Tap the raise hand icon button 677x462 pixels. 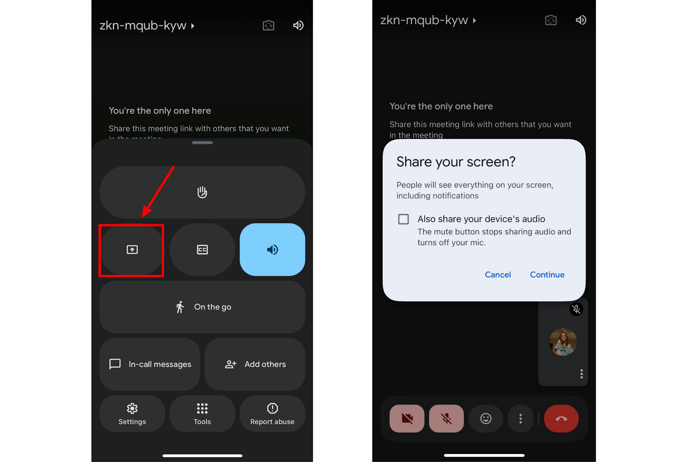(202, 192)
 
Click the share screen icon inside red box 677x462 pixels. (132, 250)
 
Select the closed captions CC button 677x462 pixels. (202, 250)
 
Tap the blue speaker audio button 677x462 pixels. (272, 250)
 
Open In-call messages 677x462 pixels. (150, 364)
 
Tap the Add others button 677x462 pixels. (255, 364)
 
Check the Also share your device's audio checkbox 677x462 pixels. (404, 219)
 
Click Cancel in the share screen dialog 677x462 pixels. (498, 275)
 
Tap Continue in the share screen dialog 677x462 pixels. (547, 275)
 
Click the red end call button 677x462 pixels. (561, 418)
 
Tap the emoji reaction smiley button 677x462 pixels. (486, 418)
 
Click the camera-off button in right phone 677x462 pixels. (407, 418)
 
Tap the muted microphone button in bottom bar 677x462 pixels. (446, 418)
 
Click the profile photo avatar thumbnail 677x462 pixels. (563, 342)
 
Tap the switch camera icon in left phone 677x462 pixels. (268, 25)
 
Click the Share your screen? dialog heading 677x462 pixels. (456, 162)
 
